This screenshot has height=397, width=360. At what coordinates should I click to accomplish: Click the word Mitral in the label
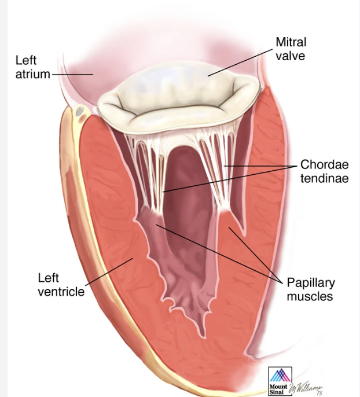(x=291, y=42)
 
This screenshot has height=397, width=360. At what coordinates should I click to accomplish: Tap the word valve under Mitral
(x=290, y=56)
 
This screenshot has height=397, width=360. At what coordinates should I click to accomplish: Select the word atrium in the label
(x=32, y=74)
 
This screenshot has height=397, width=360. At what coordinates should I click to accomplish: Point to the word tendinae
(x=324, y=179)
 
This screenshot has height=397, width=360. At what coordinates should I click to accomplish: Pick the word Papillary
(x=311, y=284)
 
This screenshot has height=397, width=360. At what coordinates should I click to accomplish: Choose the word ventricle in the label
(x=61, y=291)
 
